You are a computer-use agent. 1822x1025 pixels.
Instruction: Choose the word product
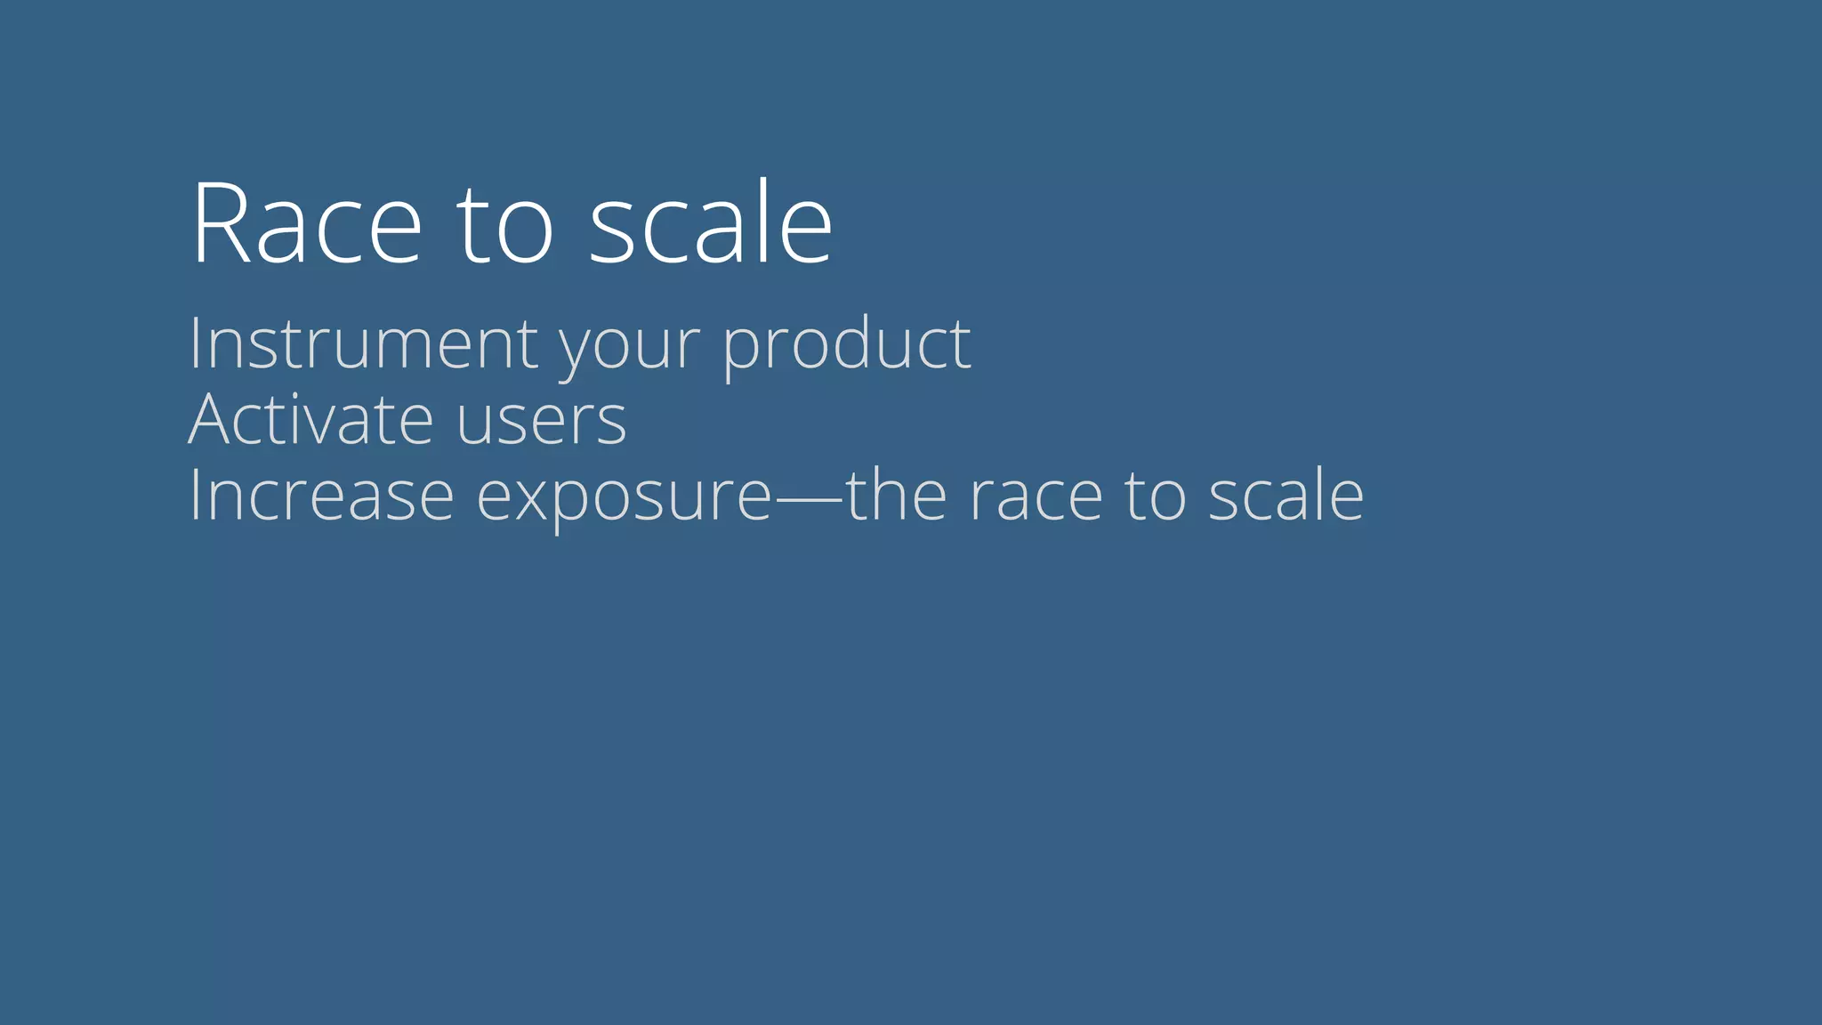coord(846,345)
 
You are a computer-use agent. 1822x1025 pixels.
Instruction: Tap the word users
coord(542,422)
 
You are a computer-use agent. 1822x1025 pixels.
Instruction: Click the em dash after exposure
coord(809,499)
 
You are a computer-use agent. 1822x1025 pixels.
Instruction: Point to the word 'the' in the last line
coord(896,496)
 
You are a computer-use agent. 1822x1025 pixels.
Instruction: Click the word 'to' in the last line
coord(1155,496)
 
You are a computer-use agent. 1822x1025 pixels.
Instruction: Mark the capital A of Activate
coord(210,419)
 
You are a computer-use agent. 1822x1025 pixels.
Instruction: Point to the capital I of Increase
coord(194,496)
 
